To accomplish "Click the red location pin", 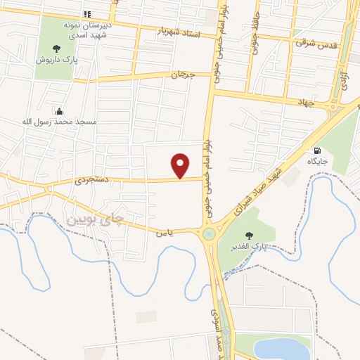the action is pyautogui.click(x=181, y=165).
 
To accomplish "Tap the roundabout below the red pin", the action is pyautogui.click(x=209, y=234).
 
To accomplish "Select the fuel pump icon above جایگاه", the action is pyautogui.click(x=317, y=150).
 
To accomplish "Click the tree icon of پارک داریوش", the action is pyautogui.click(x=56, y=49).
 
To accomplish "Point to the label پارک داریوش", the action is pyautogui.click(x=56, y=60).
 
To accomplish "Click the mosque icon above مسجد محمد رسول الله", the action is pyautogui.click(x=58, y=111).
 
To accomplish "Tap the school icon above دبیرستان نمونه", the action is pyautogui.click(x=87, y=14).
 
